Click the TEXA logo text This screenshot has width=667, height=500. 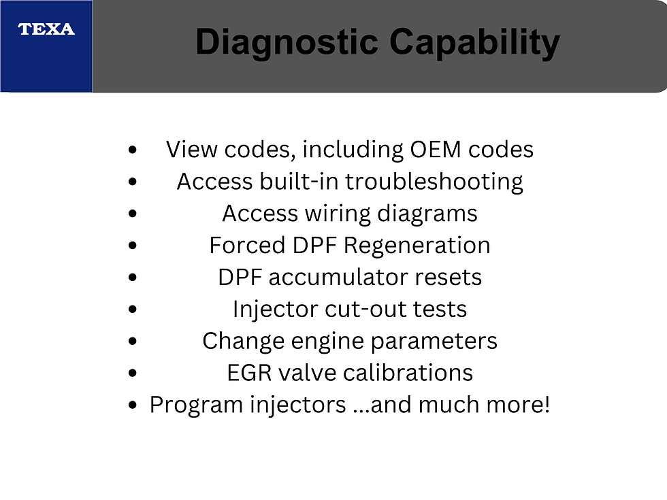[x=46, y=29]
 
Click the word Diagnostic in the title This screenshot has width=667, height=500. [x=287, y=42]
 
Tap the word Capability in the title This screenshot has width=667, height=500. [x=474, y=42]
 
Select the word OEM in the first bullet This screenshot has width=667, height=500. [x=436, y=150]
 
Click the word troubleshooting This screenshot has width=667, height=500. [x=434, y=182]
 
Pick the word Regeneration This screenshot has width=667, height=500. [x=417, y=246]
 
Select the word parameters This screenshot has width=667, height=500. [x=434, y=341]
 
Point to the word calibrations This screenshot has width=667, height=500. [x=408, y=373]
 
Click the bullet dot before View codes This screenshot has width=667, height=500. [x=133, y=150]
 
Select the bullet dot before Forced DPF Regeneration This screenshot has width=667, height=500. [x=133, y=246]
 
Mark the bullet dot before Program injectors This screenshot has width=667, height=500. [x=133, y=405]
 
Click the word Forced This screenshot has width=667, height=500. [x=247, y=246]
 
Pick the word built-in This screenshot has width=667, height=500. [x=299, y=182]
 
